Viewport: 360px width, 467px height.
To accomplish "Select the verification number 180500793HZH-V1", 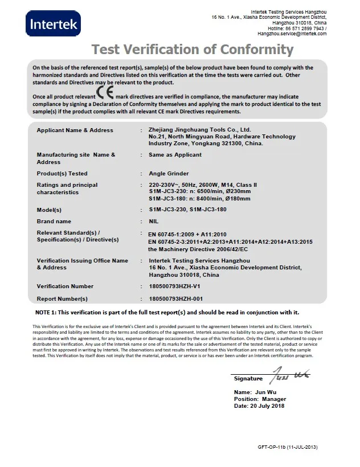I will [175, 286].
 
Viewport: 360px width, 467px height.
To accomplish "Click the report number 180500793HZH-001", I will [175, 298].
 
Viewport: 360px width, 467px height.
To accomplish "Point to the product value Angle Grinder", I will [169, 173].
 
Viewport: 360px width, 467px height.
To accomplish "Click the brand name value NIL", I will [153, 221].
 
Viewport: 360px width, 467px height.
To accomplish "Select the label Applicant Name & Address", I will [75, 130].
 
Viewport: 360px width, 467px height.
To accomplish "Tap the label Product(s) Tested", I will [62, 173].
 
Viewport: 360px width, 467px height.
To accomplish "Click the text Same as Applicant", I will [175, 154].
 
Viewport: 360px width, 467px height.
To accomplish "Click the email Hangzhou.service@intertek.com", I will [292, 34].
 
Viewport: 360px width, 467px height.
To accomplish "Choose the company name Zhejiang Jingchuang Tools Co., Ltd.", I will [199, 130].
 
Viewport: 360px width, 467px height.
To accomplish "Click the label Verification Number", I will [65, 286].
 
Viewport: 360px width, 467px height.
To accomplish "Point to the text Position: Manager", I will [260, 399].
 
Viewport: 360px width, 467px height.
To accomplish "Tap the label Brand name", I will [54, 221].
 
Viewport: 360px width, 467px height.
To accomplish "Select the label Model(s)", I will [49, 210].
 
